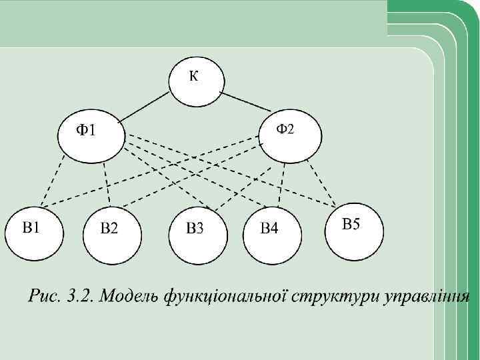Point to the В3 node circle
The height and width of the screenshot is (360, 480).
coord(198,235)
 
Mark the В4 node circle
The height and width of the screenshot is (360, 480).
coord(273,235)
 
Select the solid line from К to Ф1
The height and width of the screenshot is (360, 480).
coord(145,104)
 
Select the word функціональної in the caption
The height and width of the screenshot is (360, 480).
coord(231,295)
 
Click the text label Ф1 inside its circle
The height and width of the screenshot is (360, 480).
coord(83,130)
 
